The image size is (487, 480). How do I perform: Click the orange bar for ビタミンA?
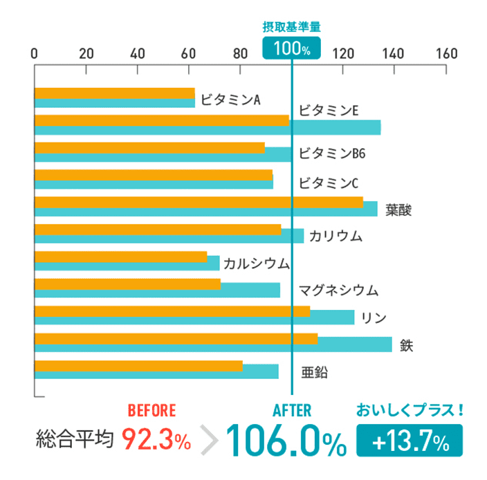click(114, 93)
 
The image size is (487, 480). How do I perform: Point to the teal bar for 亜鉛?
click(156, 372)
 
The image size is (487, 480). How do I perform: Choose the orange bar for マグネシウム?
click(127, 284)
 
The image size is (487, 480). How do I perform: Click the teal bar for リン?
click(194, 318)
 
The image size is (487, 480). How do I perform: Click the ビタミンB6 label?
click(331, 154)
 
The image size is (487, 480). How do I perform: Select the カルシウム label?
click(256, 264)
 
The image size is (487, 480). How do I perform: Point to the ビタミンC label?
click(329, 183)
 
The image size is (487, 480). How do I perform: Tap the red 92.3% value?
click(156, 439)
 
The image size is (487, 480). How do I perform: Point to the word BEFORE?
click(152, 409)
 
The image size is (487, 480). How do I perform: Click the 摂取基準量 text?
click(292, 27)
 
